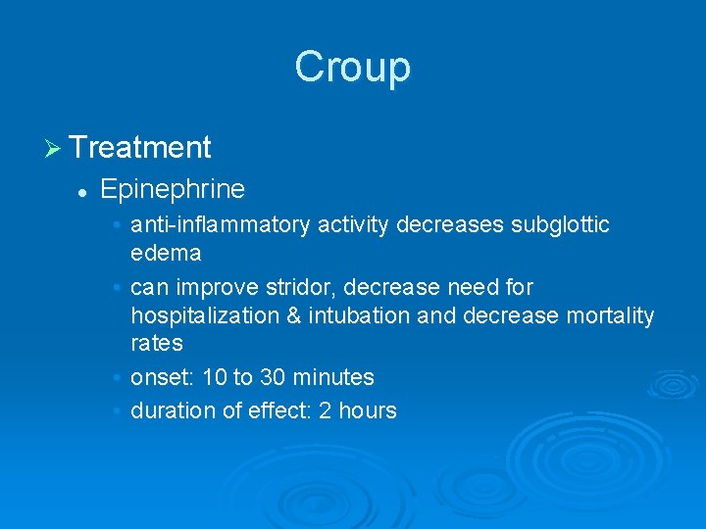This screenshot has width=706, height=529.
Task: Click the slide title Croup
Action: pyautogui.click(x=352, y=68)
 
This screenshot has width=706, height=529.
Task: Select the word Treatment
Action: pyautogui.click(x=140, y=148)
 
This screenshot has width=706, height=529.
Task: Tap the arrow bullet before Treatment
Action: pyautogui.click(x=53, y=148)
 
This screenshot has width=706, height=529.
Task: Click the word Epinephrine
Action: pyautogui.click(x=173, y=188)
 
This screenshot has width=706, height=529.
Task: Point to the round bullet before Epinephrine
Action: pyautogui.click(x=84, y=190)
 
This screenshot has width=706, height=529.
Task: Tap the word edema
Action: pyautogui.click(x=166, y=254)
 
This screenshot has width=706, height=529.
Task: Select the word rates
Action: pyautogui.click(x=157, y=343)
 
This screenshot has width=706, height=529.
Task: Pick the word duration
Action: pyautogui.click(x=169, y=411)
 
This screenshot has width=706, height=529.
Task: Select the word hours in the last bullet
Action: pyautogui.click(x=367, y=411)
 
